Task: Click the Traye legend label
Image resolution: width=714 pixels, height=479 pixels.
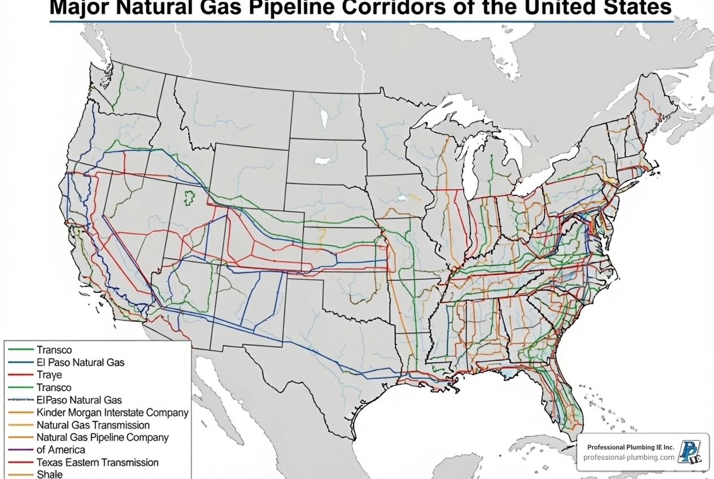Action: (49, 375)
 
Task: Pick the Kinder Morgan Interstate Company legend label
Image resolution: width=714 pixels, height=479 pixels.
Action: (112, 412)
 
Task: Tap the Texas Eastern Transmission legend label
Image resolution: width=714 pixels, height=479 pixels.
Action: (97, 462)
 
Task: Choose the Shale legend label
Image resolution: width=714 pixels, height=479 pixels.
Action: (49, 474)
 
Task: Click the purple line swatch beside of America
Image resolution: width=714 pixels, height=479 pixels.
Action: (21, 450)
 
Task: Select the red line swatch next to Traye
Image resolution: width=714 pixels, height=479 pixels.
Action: (21, 375)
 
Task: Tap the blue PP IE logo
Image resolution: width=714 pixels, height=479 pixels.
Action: (690, 452)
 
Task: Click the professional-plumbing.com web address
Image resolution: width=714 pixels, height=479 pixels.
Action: (629, 457)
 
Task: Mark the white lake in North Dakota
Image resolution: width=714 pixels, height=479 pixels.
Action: (325, 119)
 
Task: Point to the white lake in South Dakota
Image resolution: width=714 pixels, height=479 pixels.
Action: (323, 160)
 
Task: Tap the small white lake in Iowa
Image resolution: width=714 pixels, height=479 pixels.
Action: (402, 198)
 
